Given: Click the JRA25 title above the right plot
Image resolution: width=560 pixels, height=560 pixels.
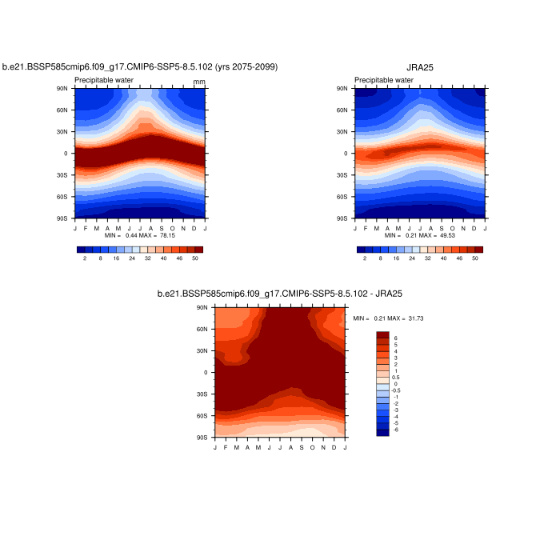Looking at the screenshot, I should [x=420, y=68].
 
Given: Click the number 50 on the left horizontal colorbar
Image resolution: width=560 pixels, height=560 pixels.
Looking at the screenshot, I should [x=195, y=258].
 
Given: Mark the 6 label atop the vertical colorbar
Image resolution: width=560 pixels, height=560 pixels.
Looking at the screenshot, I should [x=395, y=338].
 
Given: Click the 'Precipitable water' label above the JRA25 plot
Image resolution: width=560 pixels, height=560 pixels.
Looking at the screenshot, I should [x=384, y=80].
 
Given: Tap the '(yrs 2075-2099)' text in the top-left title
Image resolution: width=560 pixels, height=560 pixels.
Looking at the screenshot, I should [x=244, y=67].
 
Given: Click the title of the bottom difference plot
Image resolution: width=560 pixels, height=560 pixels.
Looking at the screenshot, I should [x=279, y=294].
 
